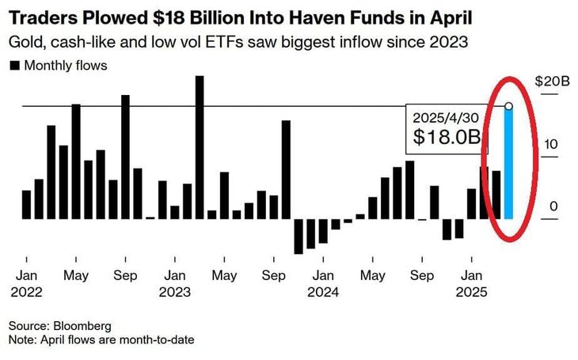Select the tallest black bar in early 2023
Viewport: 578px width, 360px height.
(x=200, y=146)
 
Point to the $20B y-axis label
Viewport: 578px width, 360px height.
(x=552, y=81)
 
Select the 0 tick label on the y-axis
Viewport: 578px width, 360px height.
(x=554, y=207)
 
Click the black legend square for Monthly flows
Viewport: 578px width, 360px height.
(x=13, y=66)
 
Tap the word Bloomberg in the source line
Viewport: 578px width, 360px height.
(x=82, y=325)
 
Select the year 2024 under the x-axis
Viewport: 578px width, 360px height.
(x=322, y=291)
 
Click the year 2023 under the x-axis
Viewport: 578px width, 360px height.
(x=174, y=291)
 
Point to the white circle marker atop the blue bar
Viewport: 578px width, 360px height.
(x=508, y=106)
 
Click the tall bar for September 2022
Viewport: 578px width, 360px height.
(x=125, y=157)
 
